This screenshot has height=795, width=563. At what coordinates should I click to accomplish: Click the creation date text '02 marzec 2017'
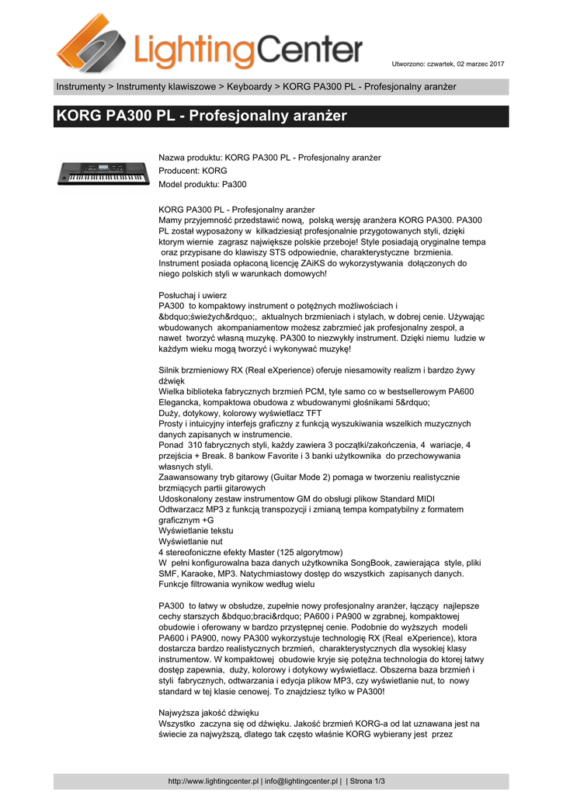478,63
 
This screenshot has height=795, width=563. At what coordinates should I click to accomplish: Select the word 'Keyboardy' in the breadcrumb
250,86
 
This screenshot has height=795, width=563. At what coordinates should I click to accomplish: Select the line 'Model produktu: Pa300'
202,184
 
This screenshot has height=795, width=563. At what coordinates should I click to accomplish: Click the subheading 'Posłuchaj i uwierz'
193,295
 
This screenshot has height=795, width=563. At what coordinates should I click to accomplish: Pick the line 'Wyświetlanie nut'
191,541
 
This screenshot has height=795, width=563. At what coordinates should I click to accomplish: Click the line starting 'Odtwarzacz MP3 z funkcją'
311,509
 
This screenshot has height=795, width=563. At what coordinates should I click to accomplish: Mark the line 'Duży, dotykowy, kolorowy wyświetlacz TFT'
239,413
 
